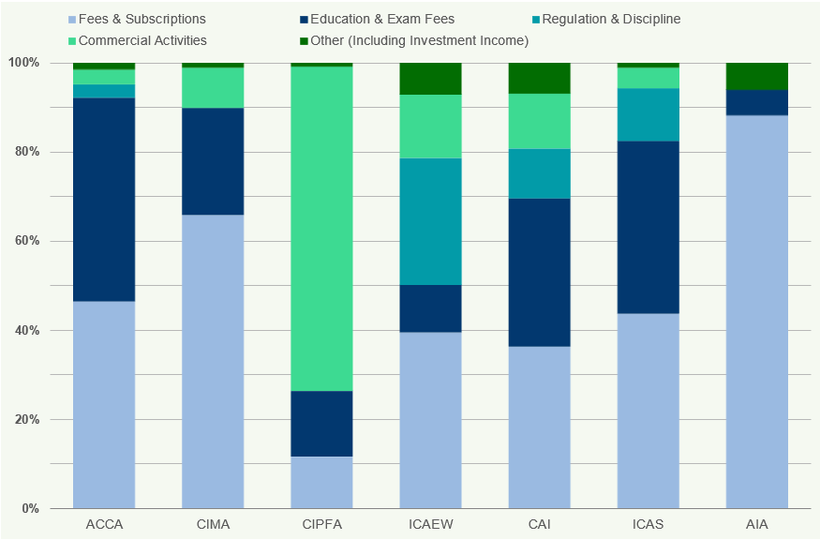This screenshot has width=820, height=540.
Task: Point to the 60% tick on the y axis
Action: pos(23,241)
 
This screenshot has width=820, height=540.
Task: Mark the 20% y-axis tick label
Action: pos(23,420)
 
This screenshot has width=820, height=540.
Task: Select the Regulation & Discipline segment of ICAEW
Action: pos(430,221)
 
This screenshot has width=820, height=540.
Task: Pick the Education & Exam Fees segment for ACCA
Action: pos(104,199)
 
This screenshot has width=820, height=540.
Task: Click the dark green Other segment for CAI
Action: pos(539,78)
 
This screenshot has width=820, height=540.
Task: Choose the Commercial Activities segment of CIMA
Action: pos(213,87)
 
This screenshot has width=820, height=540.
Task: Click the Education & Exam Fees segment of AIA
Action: pos(756,102)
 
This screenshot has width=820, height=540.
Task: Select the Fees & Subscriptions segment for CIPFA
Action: pos(321,482)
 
